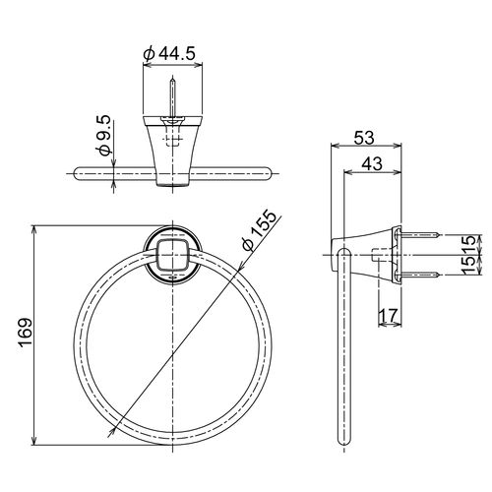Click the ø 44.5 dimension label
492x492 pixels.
(169, 53)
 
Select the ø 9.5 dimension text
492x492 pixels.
(104, 135)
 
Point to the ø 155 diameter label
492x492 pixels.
(259, 230)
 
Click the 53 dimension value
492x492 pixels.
(364, 138)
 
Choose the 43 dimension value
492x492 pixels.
(372, 163)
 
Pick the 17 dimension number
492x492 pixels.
(389, 315)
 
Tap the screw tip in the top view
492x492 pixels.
(172, 79)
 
